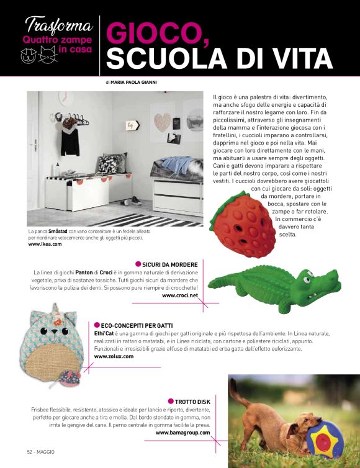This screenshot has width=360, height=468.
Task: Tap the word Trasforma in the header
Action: tap(58, 27)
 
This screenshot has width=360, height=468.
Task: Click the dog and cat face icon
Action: tap(35, 56)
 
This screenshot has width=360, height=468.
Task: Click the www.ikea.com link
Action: tap(45, 244)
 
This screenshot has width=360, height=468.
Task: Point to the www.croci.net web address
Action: tap(179, 295)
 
